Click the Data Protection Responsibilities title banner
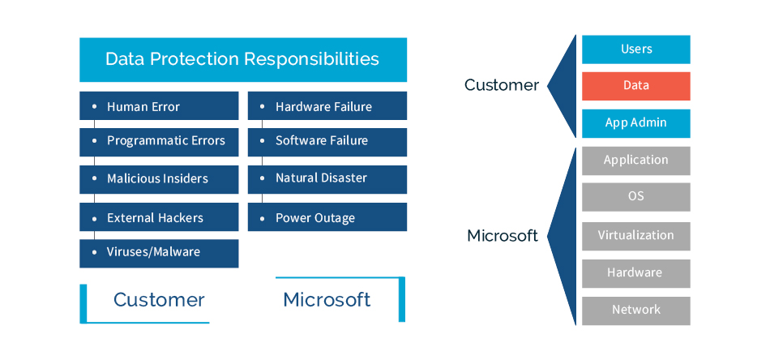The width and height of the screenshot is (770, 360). pyautogui.click(x=242, y=59)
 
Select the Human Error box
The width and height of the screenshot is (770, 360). pyautogui.click(x=159, y=106)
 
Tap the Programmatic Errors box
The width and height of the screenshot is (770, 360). pyautogui.click(x=159, y=141)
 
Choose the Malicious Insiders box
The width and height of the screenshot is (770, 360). pyautogui.click(x=159, y=178)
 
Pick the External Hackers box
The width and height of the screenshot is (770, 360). pyautogui.click(x=159, y=217)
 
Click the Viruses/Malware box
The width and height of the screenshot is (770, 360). pyautogui.click(x=159, y=252)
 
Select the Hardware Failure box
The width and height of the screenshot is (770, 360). pyautogui.click(x=327, y=106)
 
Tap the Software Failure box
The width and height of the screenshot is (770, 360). pyautogui.click(x=327, y=141)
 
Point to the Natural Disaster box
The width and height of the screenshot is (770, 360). pyautogui.click(x=327, y=178)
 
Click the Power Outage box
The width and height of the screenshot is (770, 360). pyautogui.click(x=327, y=217)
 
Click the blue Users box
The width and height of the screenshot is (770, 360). pyautogui.click(x=635, y=49)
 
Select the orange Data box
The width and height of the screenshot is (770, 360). pyautogui.click(x=635, y=86)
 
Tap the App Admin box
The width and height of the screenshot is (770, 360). pyautogui.click(x=635, y=123)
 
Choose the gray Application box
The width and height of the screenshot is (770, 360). pyautogui.click(x=635, y=161)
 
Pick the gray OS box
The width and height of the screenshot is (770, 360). pyautogui.click(x=635, y=197)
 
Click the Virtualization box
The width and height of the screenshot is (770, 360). pyautogui.click(x=635, y=236)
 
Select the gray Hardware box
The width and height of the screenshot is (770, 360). pyautogui.click(x=635, y=273)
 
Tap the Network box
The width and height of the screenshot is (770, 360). pyautogui.click(x=635, y=311)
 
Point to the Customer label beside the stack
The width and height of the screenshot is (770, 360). pyautogui.click(x=501, y=85)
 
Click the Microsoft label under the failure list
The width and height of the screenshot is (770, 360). pyautogui.click(x=327, y=299)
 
